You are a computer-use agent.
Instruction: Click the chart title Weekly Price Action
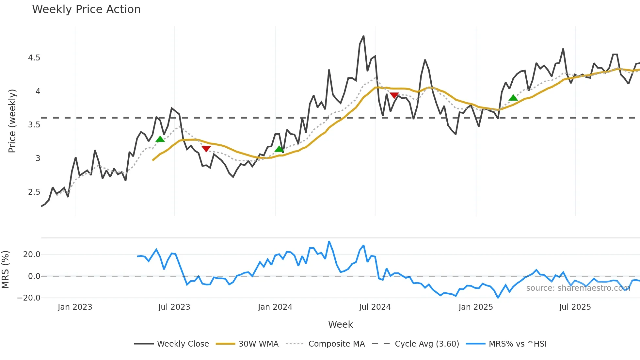[86, 9]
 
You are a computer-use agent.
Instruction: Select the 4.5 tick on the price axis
[34, 58]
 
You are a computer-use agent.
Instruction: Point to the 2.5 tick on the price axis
[34, 192]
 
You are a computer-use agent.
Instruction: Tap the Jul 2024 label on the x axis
[375, 307]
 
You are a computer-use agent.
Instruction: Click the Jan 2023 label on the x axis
[75, 307]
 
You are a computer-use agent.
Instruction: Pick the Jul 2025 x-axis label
[575, 307]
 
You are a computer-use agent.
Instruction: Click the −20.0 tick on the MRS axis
[29, 298]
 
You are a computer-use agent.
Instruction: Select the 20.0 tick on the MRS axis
[32, 254]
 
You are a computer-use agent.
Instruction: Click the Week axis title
[340, 324]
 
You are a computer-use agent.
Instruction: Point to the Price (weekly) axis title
[12, 121]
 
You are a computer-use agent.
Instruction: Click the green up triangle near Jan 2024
[279, 149]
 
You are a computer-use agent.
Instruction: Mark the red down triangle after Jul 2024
[394, 95]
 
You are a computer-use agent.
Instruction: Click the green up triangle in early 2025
[513, 98]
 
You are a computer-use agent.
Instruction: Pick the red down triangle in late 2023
[206, 149]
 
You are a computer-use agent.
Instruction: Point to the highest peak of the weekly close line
[363, 36]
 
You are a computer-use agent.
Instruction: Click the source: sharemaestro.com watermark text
[578, 288]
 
